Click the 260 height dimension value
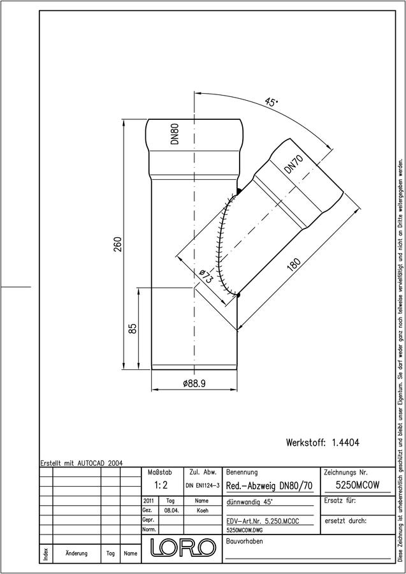tap(117, 244)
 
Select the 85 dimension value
tap(133, 328)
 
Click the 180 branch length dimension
tap(293, 264)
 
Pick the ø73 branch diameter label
tap(206, 276)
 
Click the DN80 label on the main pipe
tap(175, 134)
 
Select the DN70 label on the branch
tap(294, 165)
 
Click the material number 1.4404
tap(345, 443)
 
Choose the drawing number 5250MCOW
tap(358, 485)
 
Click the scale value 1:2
tap(161, 485)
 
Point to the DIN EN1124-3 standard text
tap(202, 486)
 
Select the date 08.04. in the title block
tap(171, 511)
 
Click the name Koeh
tap(201, 511)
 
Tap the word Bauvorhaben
tap(244, 541)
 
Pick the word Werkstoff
tap(305, 443)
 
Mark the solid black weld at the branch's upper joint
tap(238, 191)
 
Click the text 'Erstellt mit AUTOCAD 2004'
tap(82, 463)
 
